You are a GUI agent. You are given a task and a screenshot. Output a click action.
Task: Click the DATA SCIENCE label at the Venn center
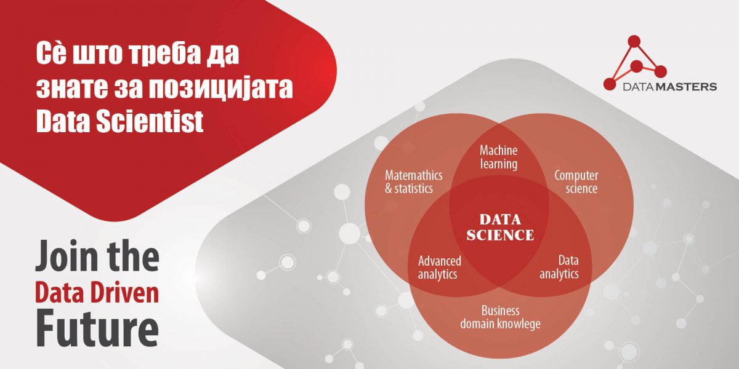[x=500, y=228]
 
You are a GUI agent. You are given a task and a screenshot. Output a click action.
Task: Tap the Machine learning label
[x=498, y=157]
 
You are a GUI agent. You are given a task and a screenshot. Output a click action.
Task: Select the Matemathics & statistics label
[x=413, y=182]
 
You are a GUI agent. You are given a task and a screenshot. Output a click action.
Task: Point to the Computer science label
[x=576, y=182]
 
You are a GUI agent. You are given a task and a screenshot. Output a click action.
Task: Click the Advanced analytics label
[x=440, y=268]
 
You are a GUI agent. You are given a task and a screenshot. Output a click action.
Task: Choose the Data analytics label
[x=559, y=267]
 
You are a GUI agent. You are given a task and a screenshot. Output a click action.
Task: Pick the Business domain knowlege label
[x=501, y=317]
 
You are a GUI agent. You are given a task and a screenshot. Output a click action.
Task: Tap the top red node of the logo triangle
[x=634, y=42]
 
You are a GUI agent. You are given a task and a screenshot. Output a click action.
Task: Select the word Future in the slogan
[x=97, y=328]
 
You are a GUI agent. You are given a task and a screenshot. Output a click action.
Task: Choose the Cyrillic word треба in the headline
[x=164, y=53]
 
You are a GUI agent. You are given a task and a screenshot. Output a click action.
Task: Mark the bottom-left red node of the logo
[x=610, y=84]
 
